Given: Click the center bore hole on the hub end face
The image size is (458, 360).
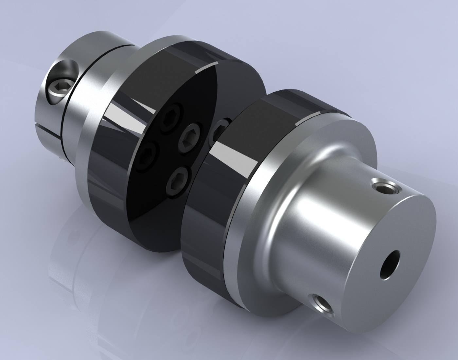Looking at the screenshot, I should pos(390,264).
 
